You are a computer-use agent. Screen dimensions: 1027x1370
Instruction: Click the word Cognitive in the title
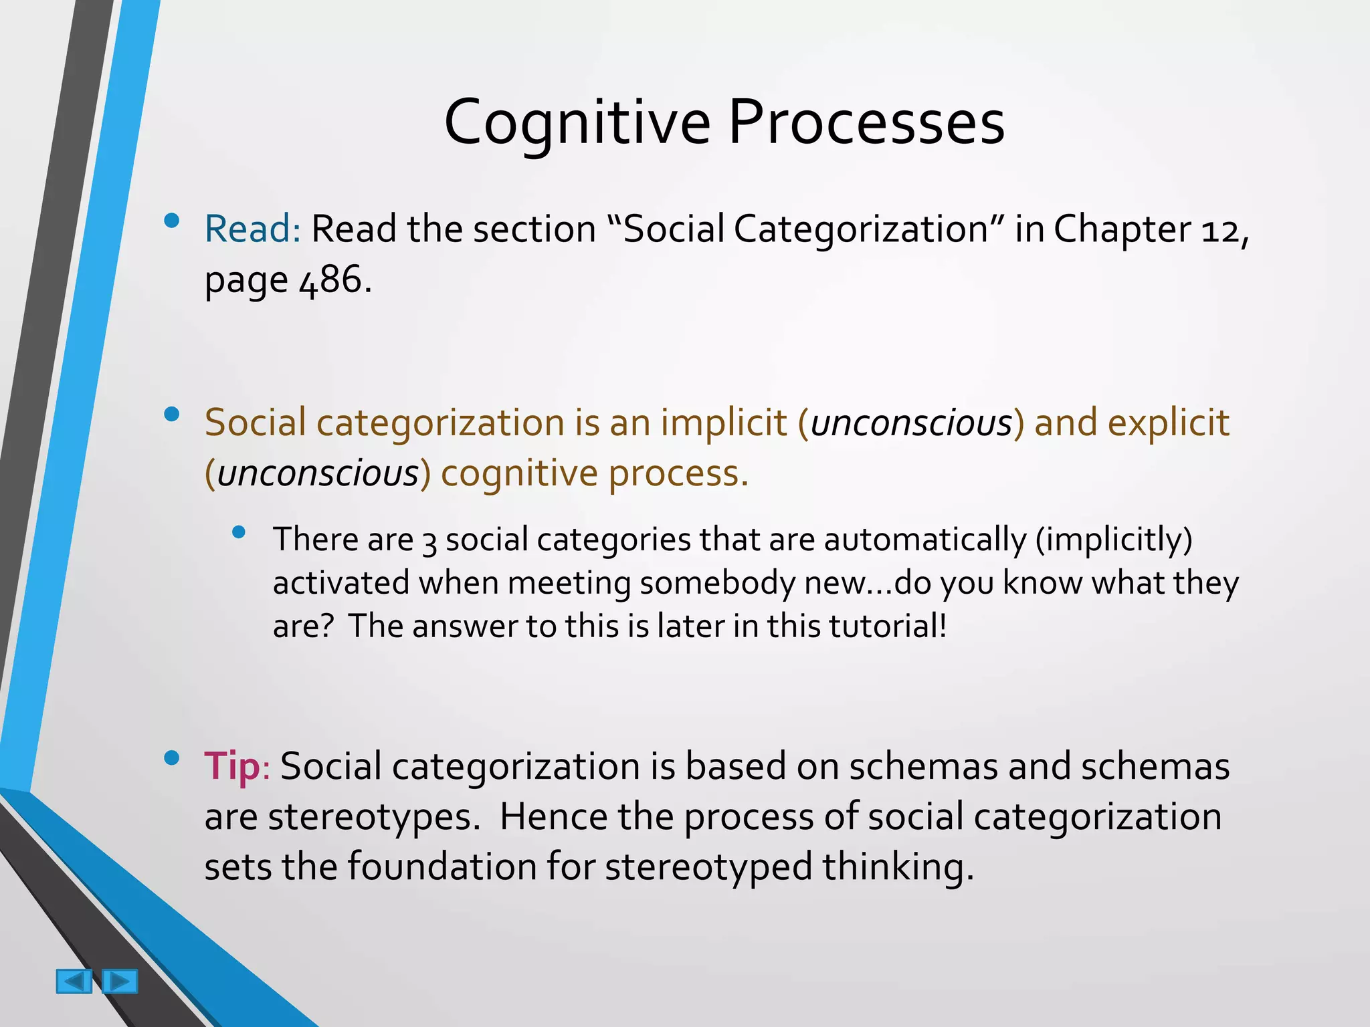[x=577, y=124]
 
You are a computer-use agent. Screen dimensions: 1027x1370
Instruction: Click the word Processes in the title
[x=866, y=124]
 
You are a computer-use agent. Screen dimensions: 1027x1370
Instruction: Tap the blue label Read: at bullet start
[x=253, y=229]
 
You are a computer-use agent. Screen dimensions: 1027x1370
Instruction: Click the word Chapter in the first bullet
[x=1122, y=229]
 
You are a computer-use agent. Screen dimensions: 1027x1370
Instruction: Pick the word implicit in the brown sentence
[x=724, y=423]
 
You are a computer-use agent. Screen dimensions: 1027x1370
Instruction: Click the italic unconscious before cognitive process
[x=318, y=473]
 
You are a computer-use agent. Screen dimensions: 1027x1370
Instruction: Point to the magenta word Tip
[x=231, y=766]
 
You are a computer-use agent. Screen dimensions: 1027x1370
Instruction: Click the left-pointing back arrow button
[x=74, y=982]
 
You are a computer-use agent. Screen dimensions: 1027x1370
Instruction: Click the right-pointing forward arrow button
[x=120, y=982]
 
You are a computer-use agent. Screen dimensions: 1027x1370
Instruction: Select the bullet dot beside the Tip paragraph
[x=172, y=758]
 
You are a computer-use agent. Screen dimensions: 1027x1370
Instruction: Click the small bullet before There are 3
[x=239, y=533]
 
